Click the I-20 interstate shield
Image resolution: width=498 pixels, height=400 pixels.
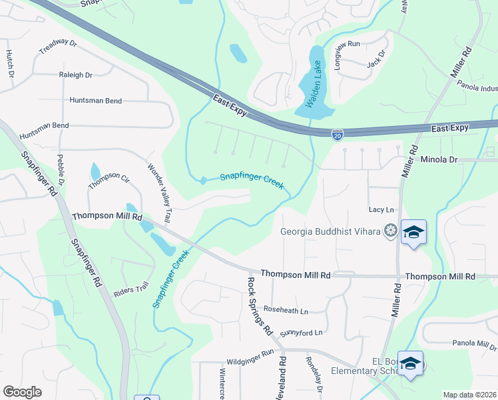(x=338, y=135)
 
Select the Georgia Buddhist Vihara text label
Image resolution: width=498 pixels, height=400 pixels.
(x=330, y=231)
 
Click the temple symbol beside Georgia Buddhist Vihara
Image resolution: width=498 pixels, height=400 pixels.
(x=391, y=231)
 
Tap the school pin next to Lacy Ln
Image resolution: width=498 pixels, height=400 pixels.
(x=413, y=233)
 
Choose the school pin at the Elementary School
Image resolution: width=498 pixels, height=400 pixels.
(x=411, y=364)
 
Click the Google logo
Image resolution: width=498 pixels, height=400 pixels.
(x=22, y=392)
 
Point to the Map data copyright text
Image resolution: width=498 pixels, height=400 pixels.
(x=469, y=395)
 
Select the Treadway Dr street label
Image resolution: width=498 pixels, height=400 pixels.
(x=58, y=46)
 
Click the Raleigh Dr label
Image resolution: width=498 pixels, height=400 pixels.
(x=75, y=75)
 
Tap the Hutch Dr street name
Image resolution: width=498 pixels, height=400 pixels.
(x=10, y=63)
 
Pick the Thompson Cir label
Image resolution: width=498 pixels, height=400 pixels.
(x=109, y=177)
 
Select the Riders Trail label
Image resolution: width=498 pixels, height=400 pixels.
(x=130, y=289)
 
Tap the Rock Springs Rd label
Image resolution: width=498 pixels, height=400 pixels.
(x=260, y=305)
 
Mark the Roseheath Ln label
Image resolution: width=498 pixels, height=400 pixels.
(x=286, y=311)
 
